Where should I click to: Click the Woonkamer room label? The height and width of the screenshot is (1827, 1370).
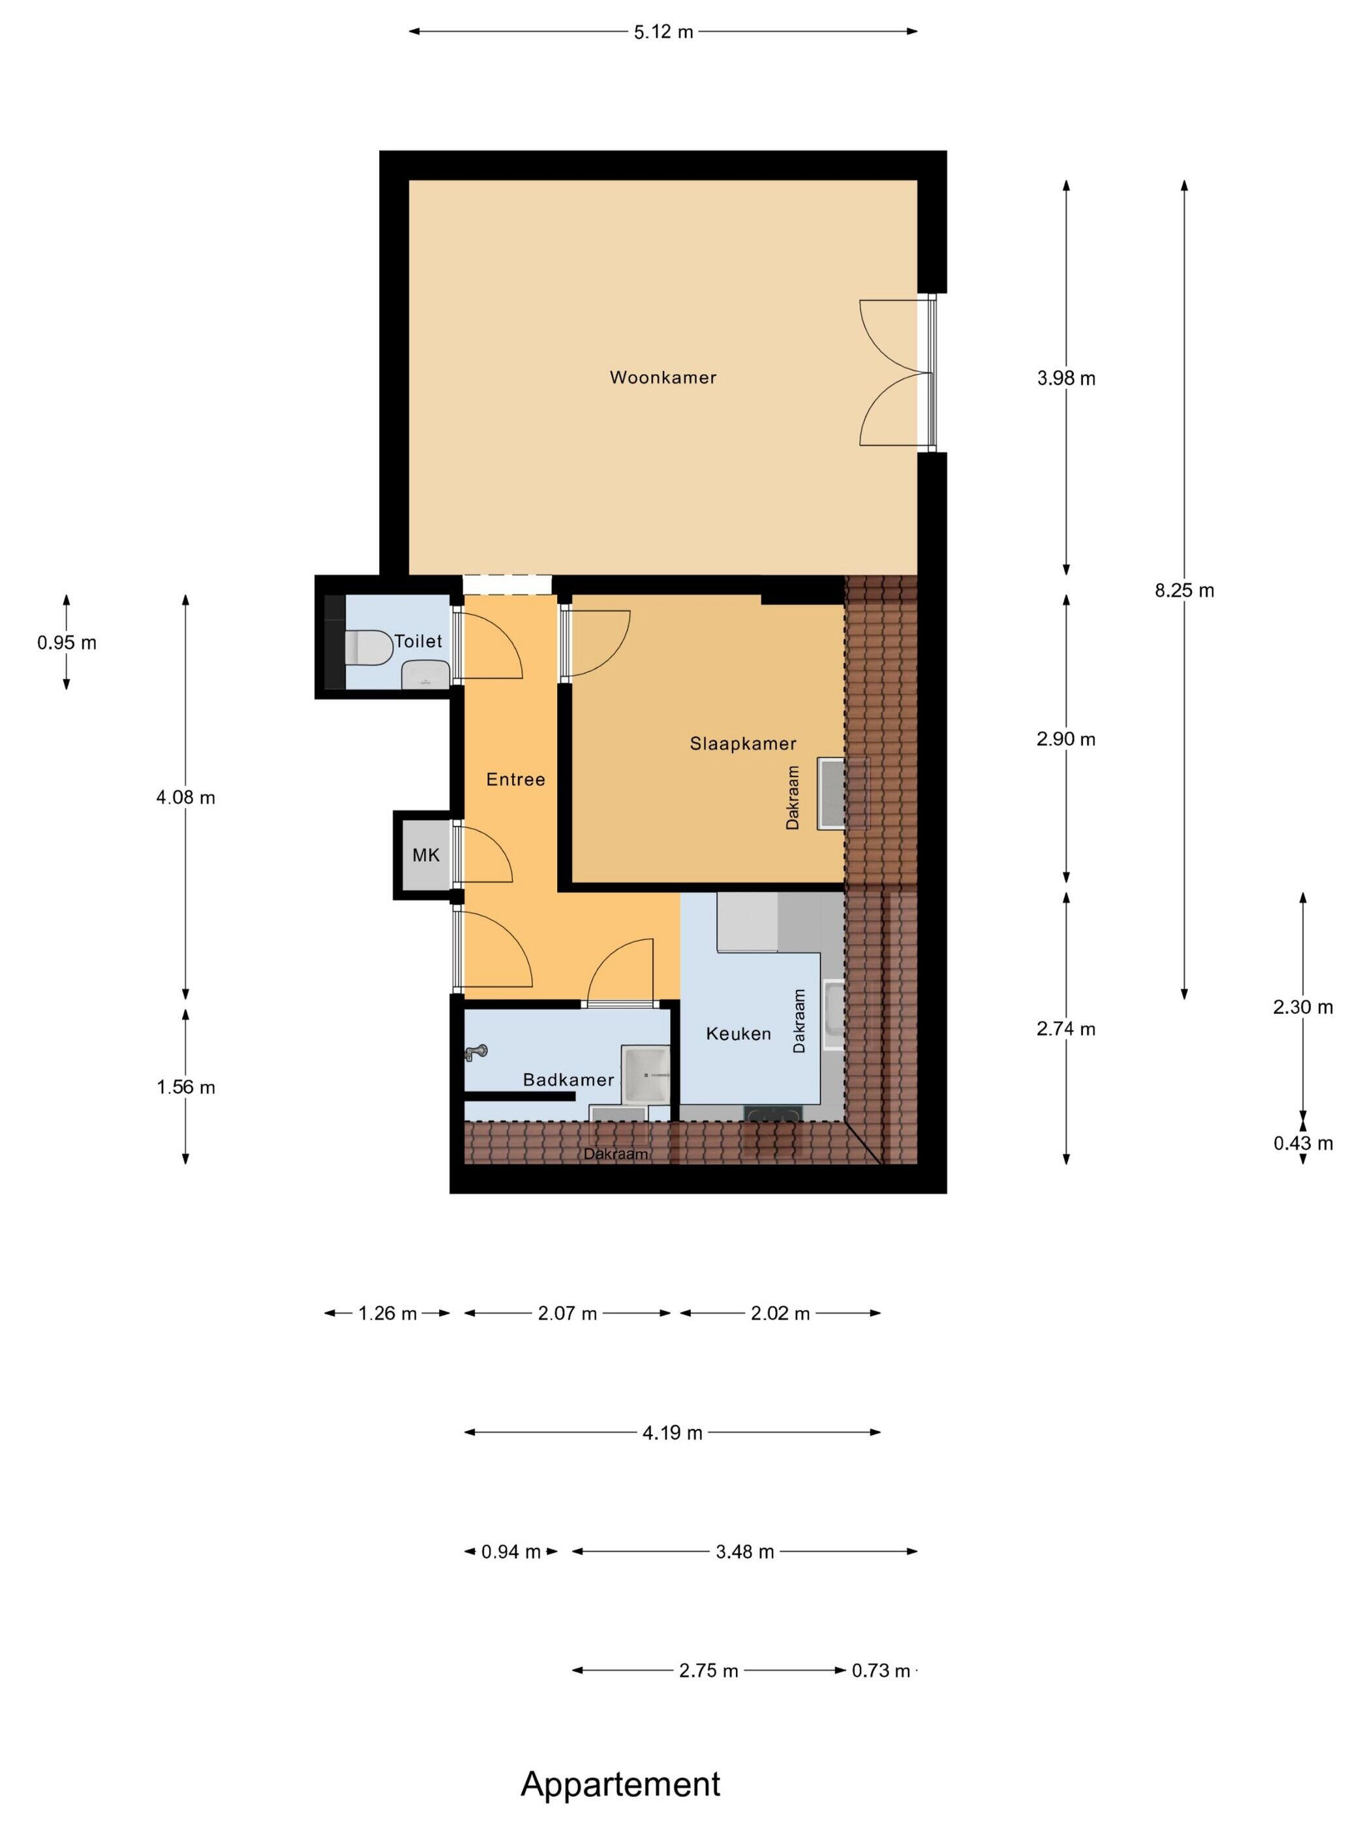(662, 377)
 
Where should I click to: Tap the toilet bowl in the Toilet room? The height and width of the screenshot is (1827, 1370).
(367, 647)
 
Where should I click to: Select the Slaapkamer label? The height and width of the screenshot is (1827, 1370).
(742, 743)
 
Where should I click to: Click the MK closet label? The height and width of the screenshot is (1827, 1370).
(426, 855)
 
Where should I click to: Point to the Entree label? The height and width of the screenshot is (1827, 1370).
(515, 779)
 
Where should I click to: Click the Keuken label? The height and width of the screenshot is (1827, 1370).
(738, 1034)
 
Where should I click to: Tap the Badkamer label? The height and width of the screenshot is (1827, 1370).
(568, 1079)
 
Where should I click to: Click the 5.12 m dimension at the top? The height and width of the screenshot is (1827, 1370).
(663, 32)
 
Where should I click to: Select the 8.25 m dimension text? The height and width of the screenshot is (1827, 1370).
(1184, 591)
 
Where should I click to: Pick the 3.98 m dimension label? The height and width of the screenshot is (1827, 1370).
(1065, 378)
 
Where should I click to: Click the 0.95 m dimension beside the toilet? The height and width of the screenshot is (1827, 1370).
(67, 643)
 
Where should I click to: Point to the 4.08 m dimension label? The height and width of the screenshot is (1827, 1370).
(186, 798)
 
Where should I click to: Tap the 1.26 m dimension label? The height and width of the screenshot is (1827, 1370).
(388, 1313)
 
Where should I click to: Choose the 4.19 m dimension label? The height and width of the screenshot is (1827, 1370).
(672, 1433)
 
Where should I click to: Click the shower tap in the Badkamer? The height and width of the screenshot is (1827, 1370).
(476, 1052)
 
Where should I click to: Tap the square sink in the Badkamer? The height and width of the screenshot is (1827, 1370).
(646, 1074)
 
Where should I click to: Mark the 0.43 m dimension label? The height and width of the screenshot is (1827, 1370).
(1303, 1143)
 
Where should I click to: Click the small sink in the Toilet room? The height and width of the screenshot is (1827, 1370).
(426, 675)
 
